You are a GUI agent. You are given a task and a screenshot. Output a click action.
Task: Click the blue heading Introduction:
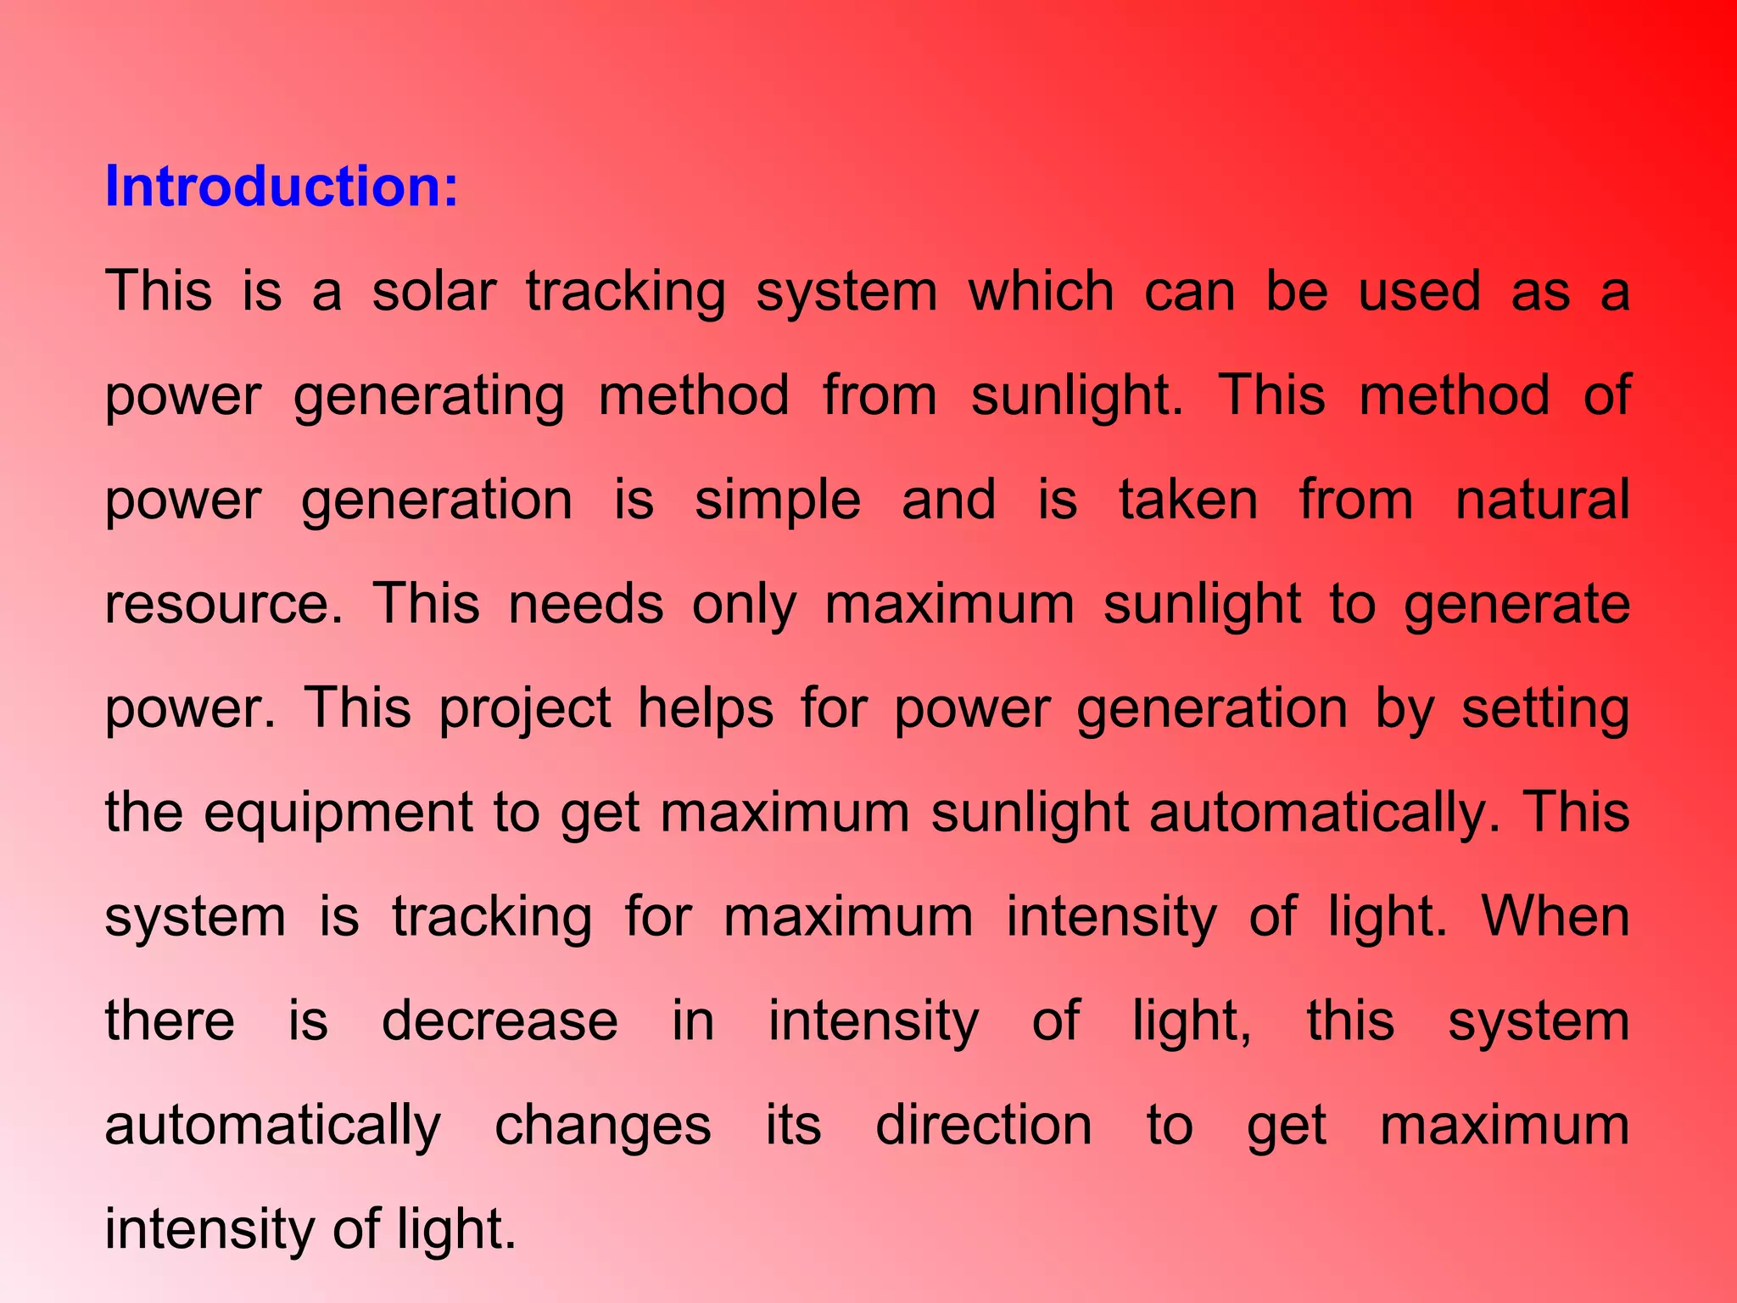click(281, 187)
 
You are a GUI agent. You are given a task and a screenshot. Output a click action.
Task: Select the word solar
click(433, 292)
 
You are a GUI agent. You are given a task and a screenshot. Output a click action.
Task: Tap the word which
click(1041, 292)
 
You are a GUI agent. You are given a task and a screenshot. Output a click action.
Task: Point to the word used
click(1419, 292)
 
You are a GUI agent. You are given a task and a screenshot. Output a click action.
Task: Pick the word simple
click(777, 501)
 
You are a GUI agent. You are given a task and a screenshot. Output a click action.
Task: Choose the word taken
click(1188, 501)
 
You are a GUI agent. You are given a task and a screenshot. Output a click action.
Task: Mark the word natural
click(1542, 501)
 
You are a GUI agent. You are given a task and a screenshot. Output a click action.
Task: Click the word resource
click(223, 605)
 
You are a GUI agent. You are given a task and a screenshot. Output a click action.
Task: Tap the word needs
click(585, 605)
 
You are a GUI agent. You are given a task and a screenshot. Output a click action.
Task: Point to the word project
click(524, 710)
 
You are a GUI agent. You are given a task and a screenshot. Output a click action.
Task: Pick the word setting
click(1544, 710)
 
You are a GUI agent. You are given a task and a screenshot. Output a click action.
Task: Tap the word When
click(1555, 917)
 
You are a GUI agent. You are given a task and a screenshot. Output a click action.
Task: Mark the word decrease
click(500, 1021)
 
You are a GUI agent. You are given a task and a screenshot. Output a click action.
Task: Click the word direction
click(983, 1126)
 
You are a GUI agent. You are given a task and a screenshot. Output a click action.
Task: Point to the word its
click(793, 1126)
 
